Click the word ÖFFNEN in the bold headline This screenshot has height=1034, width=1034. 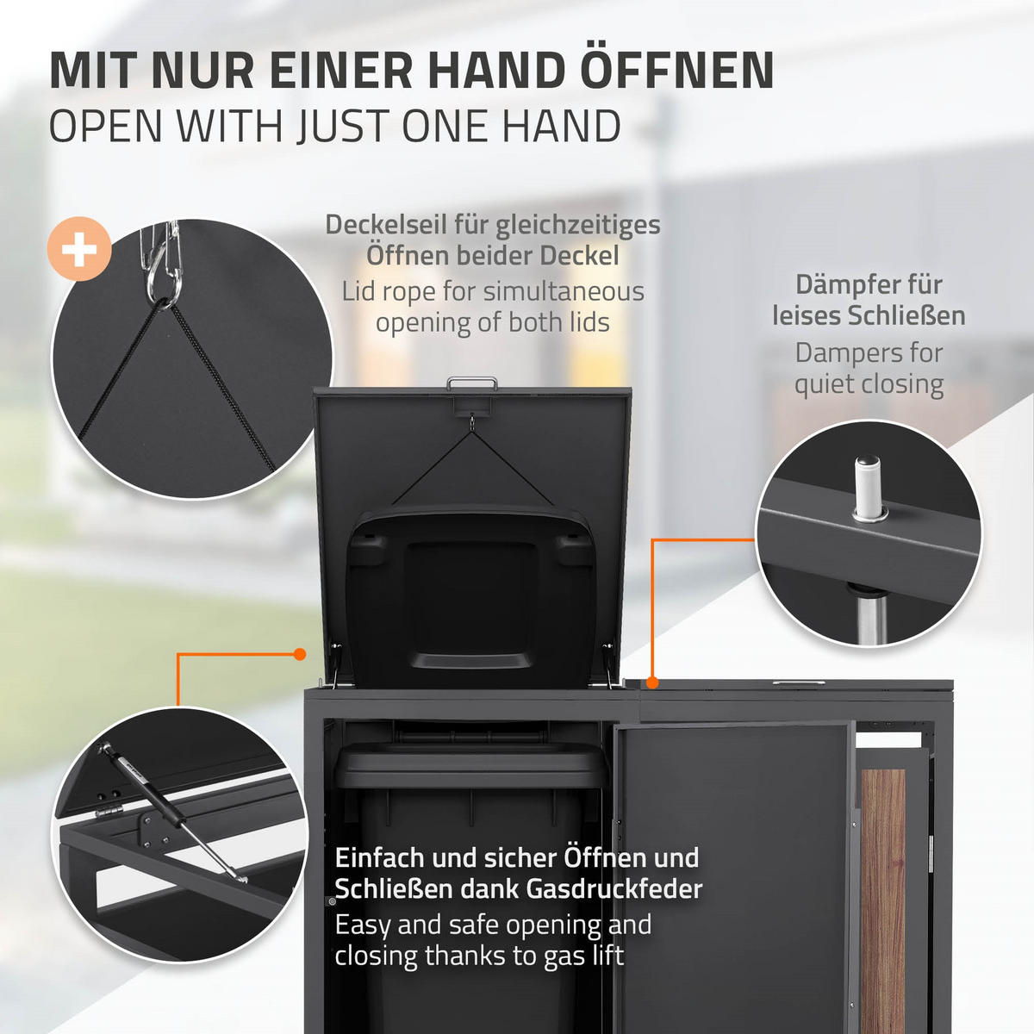(676, 71)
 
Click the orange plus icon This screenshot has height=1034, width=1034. (79, 251)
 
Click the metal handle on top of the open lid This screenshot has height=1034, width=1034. (471, 382)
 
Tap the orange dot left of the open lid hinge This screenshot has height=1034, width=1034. (300, 655)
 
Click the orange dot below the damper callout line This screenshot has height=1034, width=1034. (653, 682)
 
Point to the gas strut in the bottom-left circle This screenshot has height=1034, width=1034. (168, 810)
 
